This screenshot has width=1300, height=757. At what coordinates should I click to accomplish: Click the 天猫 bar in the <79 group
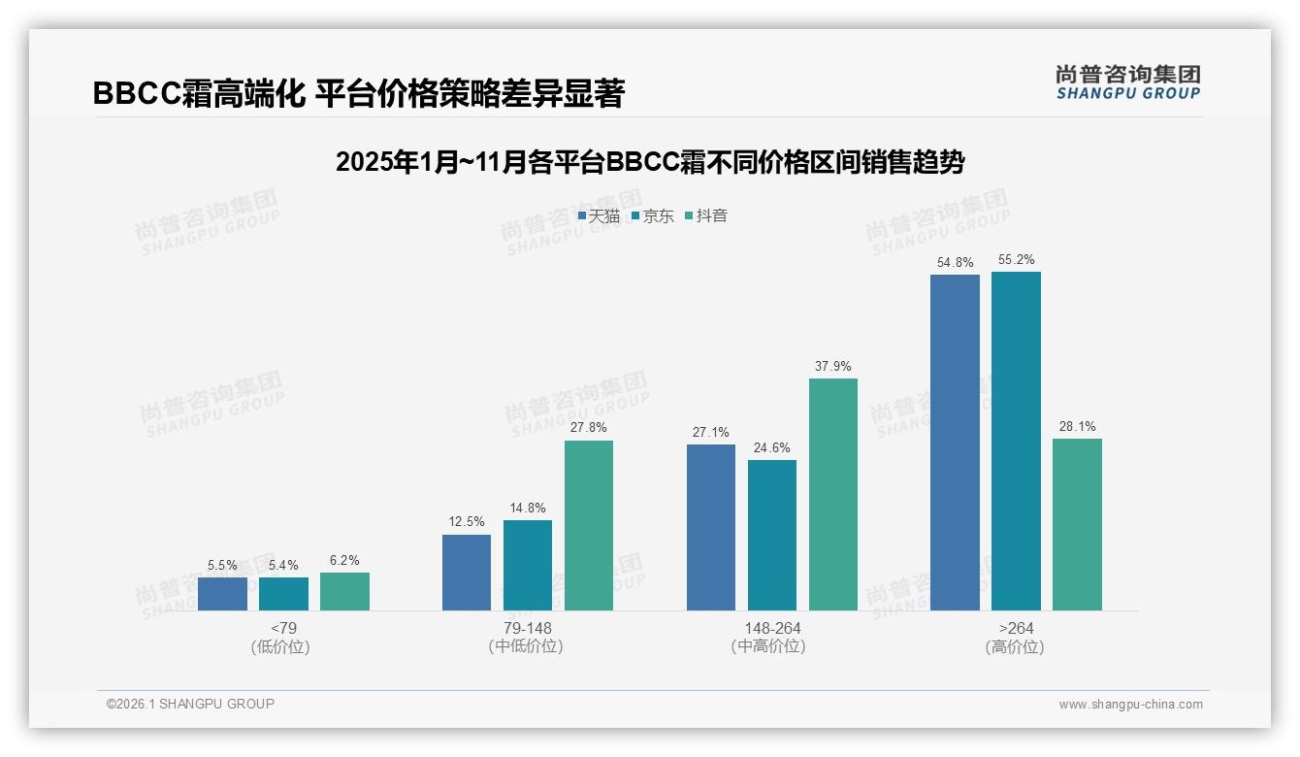pyautogui.click(x=222, y=594)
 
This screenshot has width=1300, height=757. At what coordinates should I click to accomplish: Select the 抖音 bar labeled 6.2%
pyautogui.click(x=344, y=592)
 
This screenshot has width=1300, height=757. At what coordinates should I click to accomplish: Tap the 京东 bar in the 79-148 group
pyautogui.click(x=528, y=566)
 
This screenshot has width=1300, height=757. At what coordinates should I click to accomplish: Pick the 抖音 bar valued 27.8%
pyautogui.click(x=589, y=526)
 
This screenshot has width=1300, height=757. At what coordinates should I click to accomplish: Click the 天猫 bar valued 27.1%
pyautogui.click(x=711, y=528)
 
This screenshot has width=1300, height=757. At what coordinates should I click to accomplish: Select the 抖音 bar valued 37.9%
pyautogui.click(x=833, y=495)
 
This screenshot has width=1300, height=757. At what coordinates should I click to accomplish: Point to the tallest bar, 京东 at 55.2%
pyautogui.click(x=1016, y=442)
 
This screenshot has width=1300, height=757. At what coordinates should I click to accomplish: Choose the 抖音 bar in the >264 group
pyautogui.click(x=1077, y=525)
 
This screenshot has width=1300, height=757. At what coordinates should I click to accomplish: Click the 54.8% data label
pyautogui.click(x=955, y=263)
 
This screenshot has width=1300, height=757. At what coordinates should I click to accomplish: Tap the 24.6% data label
pyautogui.click(x=771, y=448)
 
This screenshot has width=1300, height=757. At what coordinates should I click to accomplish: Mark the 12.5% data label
pyautogui.click(x=466, y=522)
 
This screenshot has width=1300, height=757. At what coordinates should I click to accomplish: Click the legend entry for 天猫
pyautogui.click(x=599, y=216)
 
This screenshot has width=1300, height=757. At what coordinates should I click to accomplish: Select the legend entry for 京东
pyautogui.click(x=652, y=216)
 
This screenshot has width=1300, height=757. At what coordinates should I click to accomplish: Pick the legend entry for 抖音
pyautogui.click(x=706, y=216)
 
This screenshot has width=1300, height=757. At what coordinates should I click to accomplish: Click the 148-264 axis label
pyautogui.click(x=772, y=629)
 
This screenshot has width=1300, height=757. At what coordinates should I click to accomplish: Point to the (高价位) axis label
pyautogui.click(x=1015, y=647)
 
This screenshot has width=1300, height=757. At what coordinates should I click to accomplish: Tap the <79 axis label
pyautogui.click(x=283, y=629)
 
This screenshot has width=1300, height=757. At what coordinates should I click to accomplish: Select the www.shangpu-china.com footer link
pyautogui.click(x=1130, y=705)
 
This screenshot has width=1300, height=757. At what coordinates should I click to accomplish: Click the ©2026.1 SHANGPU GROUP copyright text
pyautogui.click(x=190, y=704)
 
